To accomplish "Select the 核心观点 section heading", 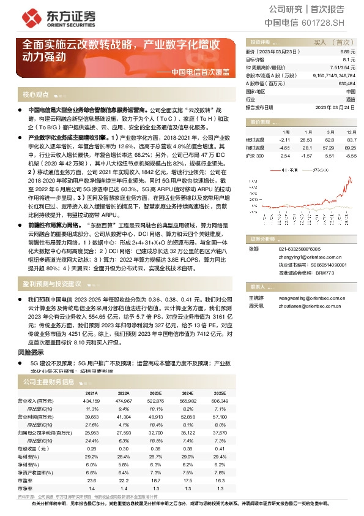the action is click(x=35, y=95).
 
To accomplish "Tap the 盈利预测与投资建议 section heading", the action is click(x=52, y=284).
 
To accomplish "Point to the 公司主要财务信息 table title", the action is click(x=48, y=381).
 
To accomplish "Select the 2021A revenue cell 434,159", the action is click(x=91, y=400).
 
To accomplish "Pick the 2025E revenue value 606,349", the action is click(x=218, y=400).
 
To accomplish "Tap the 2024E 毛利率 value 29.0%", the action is click(x=188, y=457).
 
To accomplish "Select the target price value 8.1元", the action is click(x=349, y=60).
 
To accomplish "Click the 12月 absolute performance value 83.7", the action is click(x=350, y=140).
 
